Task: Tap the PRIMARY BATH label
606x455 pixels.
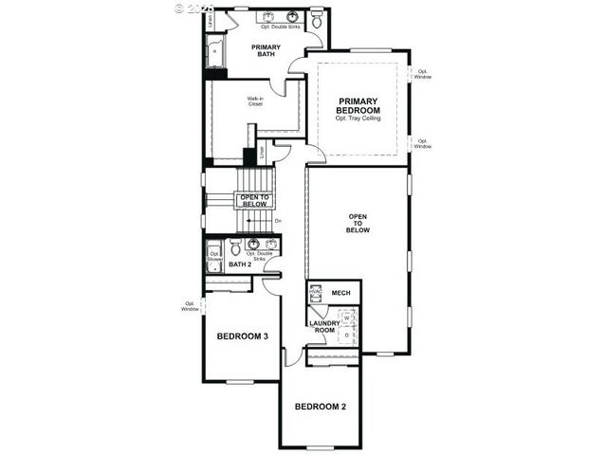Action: [x=265, y=51]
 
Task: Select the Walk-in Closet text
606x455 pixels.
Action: [x=255, y=101]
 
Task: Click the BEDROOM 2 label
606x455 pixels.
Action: [x=320, y=407]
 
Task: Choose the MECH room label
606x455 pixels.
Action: [x=340, y=293]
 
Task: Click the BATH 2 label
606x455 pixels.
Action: [x=240, y=264]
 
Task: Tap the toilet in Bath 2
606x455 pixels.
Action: [x=234, y=250]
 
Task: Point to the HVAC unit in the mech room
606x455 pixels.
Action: [x=317, y=294]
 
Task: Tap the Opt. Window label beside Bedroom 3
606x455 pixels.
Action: [x=191, y=306]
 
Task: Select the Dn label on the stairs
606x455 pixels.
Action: [x=277, y=222]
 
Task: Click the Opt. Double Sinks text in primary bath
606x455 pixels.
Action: [x=280, y=28]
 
